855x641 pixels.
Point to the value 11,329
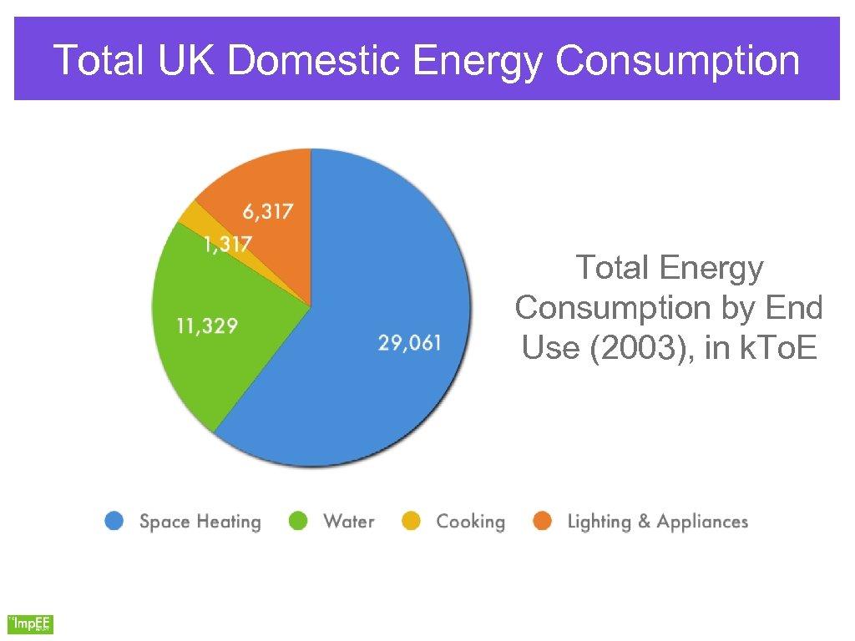pyautogui.click(x=206, y=326)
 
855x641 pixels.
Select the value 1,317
pyautogui.click(x=228, y=245)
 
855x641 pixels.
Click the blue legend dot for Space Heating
pyautogui.click(x=114, y=522)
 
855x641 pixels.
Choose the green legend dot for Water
pyautogui.click(x=298, y=522)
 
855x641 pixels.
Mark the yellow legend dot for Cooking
pyautogui.click(x=411, y=522)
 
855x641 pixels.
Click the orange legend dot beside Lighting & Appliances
pyautogui.click(x=543, y=522)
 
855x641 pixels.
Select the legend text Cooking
pyautogui.click(x=470, y=522)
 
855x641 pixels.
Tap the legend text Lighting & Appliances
pyautogui.click(x=657, y=522)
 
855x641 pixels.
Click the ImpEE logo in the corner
pyautogui.click(x=31, y=623)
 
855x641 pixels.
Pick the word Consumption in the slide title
pyautogui.click(x=677, y=61)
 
